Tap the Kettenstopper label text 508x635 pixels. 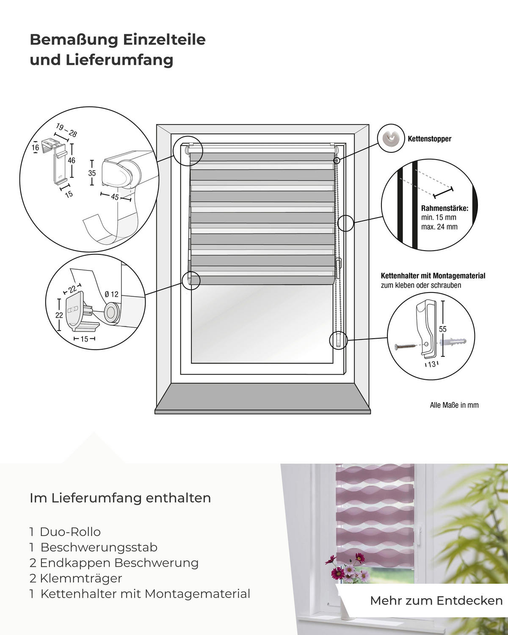[429, 139]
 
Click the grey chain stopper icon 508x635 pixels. [389, 137]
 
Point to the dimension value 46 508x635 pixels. [72, 160]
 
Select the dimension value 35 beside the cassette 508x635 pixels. [92, 173]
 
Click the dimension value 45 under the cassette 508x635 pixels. [115, 197]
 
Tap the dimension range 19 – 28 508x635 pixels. [66, 130]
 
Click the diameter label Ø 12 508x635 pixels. [111, 294]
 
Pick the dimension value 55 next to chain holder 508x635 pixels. [443, 329]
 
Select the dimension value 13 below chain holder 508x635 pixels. [431, 364]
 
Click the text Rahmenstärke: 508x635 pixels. [444, 208]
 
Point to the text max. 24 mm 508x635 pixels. [439, 226]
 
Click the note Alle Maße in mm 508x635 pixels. [454, 405]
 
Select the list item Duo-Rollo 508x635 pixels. [70, 532]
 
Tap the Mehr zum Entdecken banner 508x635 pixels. [436, 600]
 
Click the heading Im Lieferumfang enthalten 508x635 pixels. [120, 498]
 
